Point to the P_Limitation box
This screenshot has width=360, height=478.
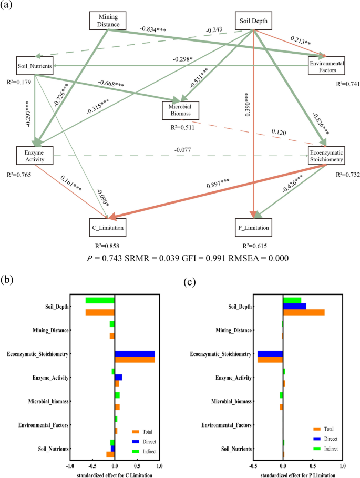[x=254, y=228]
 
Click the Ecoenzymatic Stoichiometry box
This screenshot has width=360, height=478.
[x=326, y=154]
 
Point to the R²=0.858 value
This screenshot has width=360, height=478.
[x=107, y=246]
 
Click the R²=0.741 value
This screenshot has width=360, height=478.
[x=349, y=83]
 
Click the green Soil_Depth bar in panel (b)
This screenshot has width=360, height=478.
[x=100, y=300]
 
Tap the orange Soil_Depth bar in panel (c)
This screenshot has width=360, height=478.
[x=304, y=312]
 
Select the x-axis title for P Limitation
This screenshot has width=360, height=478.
[x=283, y=475]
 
